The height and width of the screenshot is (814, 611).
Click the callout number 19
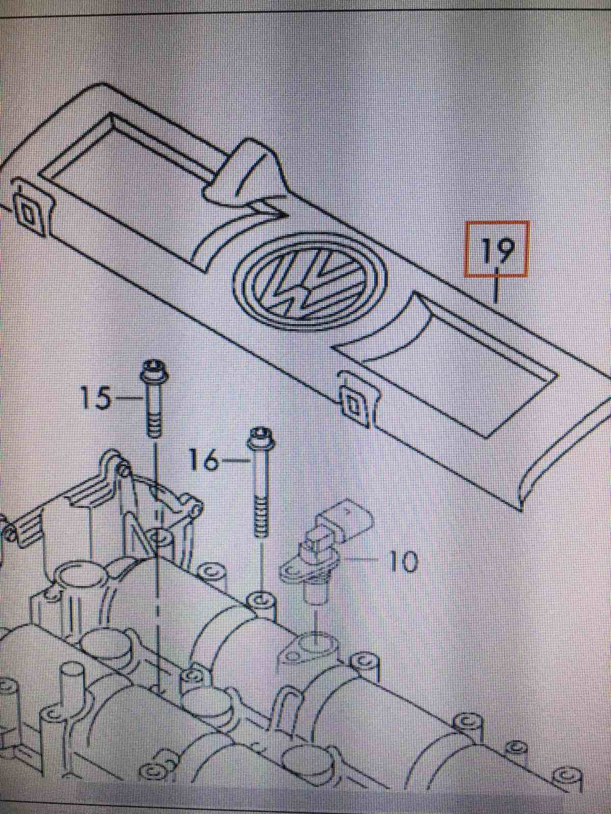click(x=497, y=249)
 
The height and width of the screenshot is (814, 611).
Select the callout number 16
click(x=204, y=460)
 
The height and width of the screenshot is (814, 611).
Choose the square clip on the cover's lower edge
click(x=353, y=405)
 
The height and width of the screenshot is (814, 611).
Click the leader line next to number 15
click(x=125, y=398)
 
